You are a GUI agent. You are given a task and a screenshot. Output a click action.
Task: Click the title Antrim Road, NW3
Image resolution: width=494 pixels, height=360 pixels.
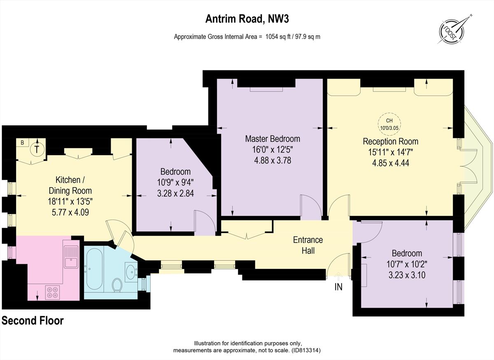pos(247,19)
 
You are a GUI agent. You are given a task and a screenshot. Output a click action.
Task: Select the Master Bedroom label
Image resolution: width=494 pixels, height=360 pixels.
pos(273,138)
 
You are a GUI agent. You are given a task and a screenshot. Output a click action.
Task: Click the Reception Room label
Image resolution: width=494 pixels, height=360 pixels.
pos(390,141)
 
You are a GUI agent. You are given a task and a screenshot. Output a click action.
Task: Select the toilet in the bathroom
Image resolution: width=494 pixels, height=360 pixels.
pos(117,285)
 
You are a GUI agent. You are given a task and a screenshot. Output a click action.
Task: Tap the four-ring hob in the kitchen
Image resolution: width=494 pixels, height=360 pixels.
pos(52,292)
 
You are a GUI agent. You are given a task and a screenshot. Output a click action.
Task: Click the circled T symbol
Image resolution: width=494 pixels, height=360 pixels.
pos(37,149)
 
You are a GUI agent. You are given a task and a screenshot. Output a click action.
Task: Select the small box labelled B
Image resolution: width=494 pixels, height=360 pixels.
pos(22,143)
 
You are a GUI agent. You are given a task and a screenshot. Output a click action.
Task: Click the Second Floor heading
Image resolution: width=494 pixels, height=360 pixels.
pos(33,320)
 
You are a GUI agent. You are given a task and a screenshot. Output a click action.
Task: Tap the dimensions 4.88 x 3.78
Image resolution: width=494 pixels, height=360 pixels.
pos(273,160)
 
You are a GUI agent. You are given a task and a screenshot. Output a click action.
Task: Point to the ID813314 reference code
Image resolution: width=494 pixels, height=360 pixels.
pos(305,351)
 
